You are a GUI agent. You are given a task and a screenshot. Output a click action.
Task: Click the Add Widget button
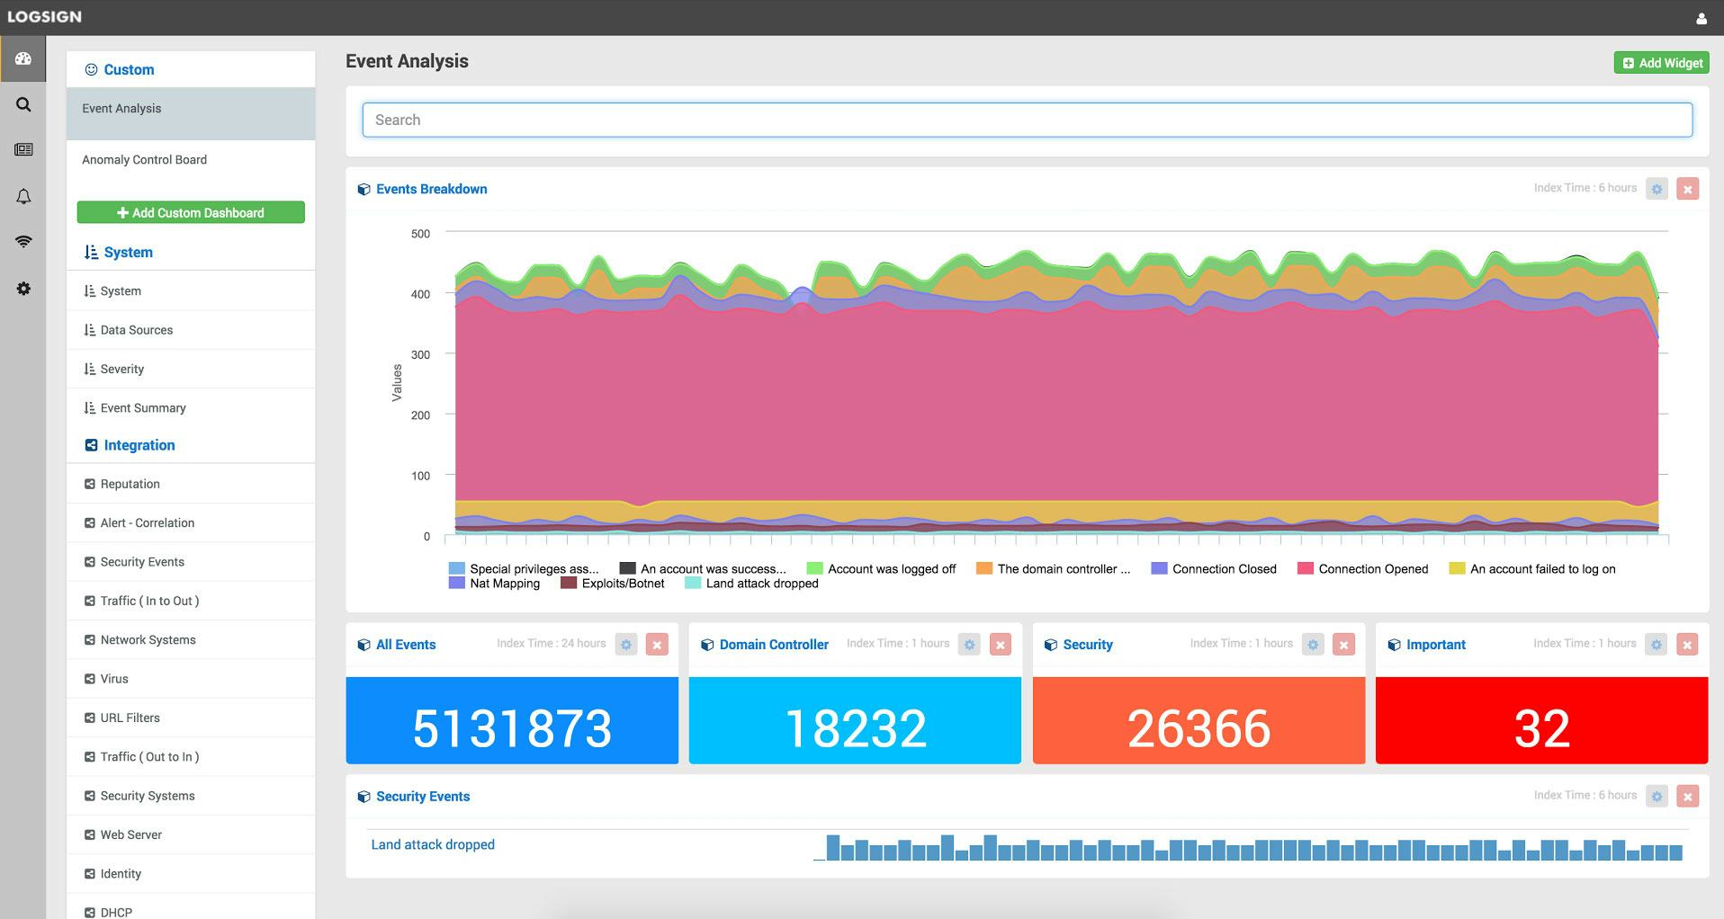[1661, 63]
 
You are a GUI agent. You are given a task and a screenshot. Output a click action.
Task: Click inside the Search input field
[1026, 120]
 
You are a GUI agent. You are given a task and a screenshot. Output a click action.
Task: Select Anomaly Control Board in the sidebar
[145, 160]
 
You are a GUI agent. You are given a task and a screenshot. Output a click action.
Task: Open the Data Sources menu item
[137, 330]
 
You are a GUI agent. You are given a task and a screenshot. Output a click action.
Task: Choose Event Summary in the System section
[143, 408]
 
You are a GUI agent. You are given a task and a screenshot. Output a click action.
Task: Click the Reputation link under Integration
[130, 484]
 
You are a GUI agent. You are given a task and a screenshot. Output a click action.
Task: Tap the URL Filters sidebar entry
[130, 718]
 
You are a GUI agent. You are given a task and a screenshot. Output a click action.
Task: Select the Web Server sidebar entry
[131, 834]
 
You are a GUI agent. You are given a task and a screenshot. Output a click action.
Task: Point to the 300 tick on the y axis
[420, 354]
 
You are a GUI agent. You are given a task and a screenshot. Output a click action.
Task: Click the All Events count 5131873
[512, 728]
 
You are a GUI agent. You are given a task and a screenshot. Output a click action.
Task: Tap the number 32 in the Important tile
[1541, 728]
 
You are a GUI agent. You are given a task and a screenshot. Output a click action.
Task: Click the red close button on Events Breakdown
[1687, 189]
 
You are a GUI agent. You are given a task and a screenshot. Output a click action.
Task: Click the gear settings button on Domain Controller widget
[969, 645]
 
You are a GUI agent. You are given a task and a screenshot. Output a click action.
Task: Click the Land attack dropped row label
[433, 844]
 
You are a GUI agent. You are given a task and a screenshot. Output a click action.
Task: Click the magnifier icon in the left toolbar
[23, 104]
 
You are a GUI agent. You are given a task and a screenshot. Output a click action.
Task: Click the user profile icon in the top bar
[1701, 18]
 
